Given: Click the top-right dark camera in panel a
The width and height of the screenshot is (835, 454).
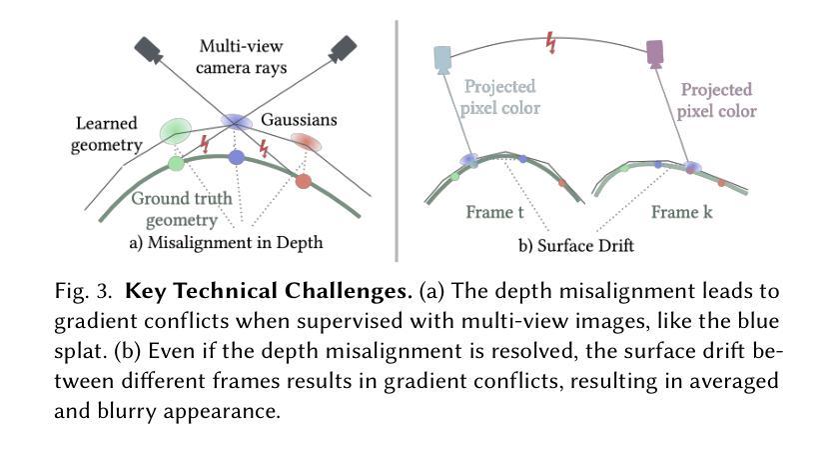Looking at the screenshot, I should [x=343, y=46].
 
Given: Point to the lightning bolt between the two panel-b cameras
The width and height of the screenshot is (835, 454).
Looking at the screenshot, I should [x=550, y=42].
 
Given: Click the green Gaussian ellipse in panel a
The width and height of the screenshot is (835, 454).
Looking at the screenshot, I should [x=175, y=130].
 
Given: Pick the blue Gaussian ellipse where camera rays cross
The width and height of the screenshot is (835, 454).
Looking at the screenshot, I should [x=237, y=121].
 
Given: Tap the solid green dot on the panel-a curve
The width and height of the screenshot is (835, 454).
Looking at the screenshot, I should [x=176, y=163].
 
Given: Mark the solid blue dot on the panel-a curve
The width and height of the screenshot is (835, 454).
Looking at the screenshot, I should [x=237, y=157].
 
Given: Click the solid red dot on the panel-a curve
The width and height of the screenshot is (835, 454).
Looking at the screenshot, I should [x=303, y=181].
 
